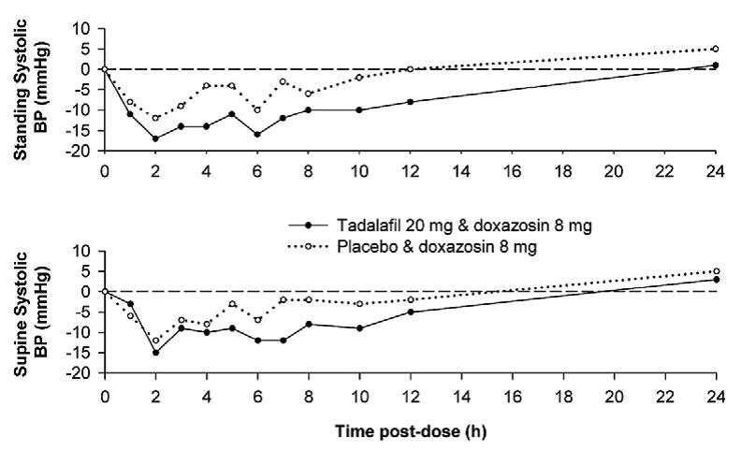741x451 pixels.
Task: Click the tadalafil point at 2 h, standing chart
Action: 155,138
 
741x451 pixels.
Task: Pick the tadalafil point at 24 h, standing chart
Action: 715,65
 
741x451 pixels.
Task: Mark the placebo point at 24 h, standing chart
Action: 715,49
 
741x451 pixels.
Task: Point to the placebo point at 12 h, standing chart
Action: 410,69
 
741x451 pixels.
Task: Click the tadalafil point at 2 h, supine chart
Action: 155,353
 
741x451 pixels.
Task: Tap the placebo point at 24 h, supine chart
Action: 715,271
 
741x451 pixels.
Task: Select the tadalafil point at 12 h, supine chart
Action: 410,312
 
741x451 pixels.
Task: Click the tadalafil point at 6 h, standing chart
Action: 257,135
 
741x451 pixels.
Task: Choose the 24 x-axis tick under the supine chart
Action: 715,393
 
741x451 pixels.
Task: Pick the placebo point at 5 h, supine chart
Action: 232,304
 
